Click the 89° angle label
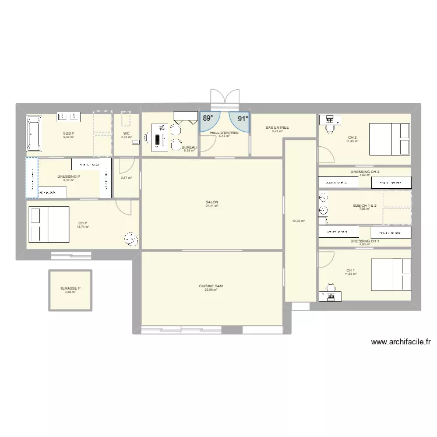[207, 118]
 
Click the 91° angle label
[242, 118]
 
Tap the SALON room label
[212, 202]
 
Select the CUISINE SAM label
[211, 286]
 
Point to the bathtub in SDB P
[33, 134]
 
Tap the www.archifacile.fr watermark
[400, 343]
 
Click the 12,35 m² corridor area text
[298, 221]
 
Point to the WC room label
[126, 133]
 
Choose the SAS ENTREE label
[277, 128]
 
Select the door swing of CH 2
[325, 154]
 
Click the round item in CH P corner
[131, 239]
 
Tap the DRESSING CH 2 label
[365, 172]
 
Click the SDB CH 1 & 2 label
[365, 205]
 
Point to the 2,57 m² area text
[126, 178]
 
